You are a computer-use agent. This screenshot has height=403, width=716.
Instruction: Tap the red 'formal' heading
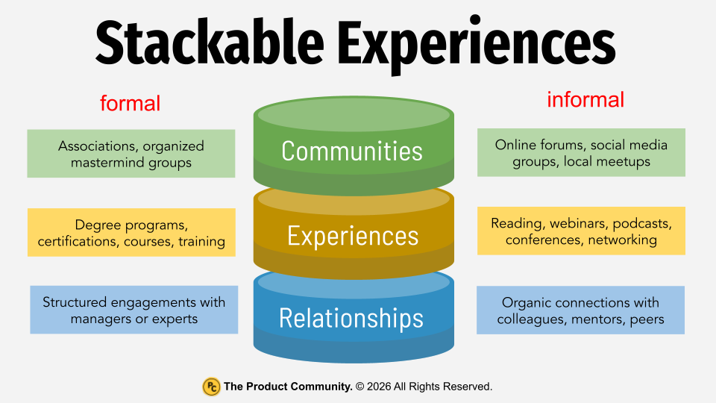[130, 103]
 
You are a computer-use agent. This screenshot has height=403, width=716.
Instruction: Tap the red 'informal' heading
[585, 99]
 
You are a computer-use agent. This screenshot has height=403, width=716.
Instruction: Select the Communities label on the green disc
[352, 151]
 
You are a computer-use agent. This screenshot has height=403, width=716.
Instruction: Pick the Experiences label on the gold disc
[353, 236]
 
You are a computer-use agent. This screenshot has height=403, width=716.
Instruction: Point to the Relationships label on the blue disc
[351, 319]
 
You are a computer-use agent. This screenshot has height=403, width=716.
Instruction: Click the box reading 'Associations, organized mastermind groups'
[131, 154]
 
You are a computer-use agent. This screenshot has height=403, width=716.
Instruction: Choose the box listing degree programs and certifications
[131, 233]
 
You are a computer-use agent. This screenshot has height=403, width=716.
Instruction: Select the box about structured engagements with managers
[134, 310]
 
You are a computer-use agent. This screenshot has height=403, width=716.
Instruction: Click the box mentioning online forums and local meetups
[581, 153]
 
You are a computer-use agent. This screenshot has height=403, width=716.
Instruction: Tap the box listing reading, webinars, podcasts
[581, 231]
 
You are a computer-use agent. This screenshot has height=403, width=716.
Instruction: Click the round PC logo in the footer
[212, 387]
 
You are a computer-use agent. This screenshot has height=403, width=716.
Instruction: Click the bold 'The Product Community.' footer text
[289, 387]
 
